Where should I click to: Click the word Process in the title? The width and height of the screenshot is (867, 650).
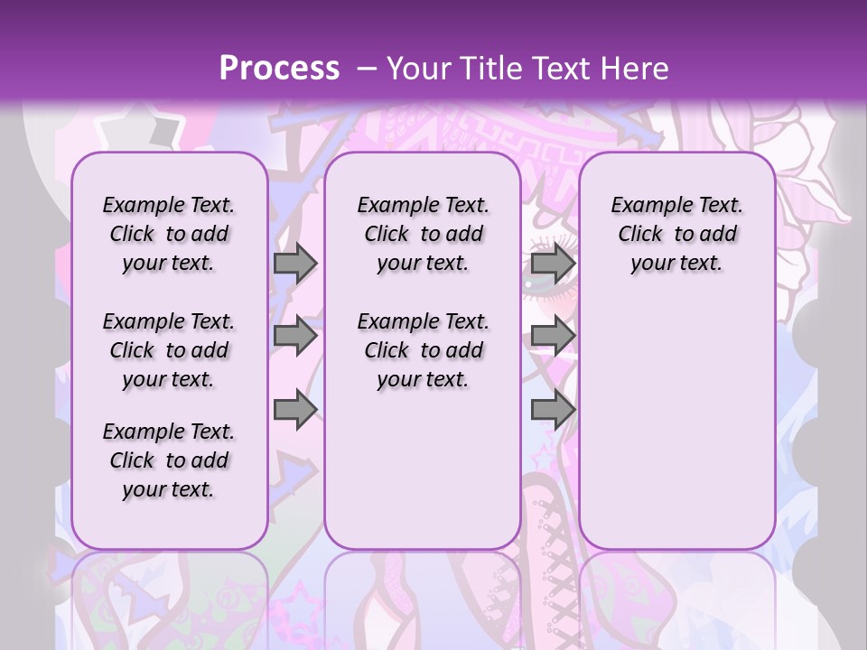(279, 69)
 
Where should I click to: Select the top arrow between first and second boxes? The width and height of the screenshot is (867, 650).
(295, 263)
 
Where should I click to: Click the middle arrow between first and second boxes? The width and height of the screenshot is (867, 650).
(295, 337)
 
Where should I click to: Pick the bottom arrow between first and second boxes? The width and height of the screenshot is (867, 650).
(295, 410)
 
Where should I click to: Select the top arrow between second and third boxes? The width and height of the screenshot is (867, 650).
(553, 263)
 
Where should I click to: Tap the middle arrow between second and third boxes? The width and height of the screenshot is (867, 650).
(553, 337)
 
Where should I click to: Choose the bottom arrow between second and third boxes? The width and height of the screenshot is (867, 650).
(553, 410)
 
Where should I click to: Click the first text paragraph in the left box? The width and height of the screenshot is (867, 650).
(169, 234)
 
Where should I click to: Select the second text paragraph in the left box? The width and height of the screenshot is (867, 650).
(169, 350)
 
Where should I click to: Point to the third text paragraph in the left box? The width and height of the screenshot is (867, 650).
(169, 460)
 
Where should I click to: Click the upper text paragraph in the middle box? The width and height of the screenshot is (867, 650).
(423, 234)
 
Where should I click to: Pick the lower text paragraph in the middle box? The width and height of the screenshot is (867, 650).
(423, 350)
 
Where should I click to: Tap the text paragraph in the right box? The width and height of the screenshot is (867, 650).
(676, 234)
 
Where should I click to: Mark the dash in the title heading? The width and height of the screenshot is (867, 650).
(366, 69)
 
